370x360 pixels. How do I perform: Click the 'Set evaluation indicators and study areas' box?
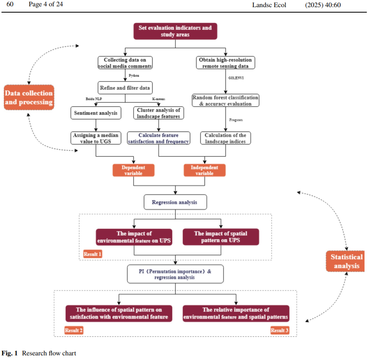(x=175, y=31)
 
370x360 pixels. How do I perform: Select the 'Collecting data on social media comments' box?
(x=125, y=63)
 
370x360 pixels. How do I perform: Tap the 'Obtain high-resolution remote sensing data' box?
(x=226, y=63)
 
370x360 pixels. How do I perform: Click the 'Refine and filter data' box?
(x=125, y=88)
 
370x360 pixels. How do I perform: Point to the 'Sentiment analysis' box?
(x=96, y=113)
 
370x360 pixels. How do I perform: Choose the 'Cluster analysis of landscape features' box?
(x=159, y=113)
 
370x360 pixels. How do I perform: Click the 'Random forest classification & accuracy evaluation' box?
(x=226, y=100)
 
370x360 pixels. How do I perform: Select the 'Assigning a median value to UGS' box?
(x=96, y=138)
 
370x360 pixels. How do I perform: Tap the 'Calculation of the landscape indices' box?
(x=226, y=138)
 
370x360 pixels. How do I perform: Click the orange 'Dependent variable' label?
(x=133, y=170)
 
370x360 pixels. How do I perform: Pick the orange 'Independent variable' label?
(x=205, y=170)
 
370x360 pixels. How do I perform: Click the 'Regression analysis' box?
(x=175, y=202)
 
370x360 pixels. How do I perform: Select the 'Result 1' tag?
(x=92, y=254)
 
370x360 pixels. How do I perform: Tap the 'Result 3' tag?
(x=279, y=330)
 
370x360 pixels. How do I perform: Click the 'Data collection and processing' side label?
(x=29, y=97)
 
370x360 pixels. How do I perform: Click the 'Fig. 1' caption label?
(x=10, y=353)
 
